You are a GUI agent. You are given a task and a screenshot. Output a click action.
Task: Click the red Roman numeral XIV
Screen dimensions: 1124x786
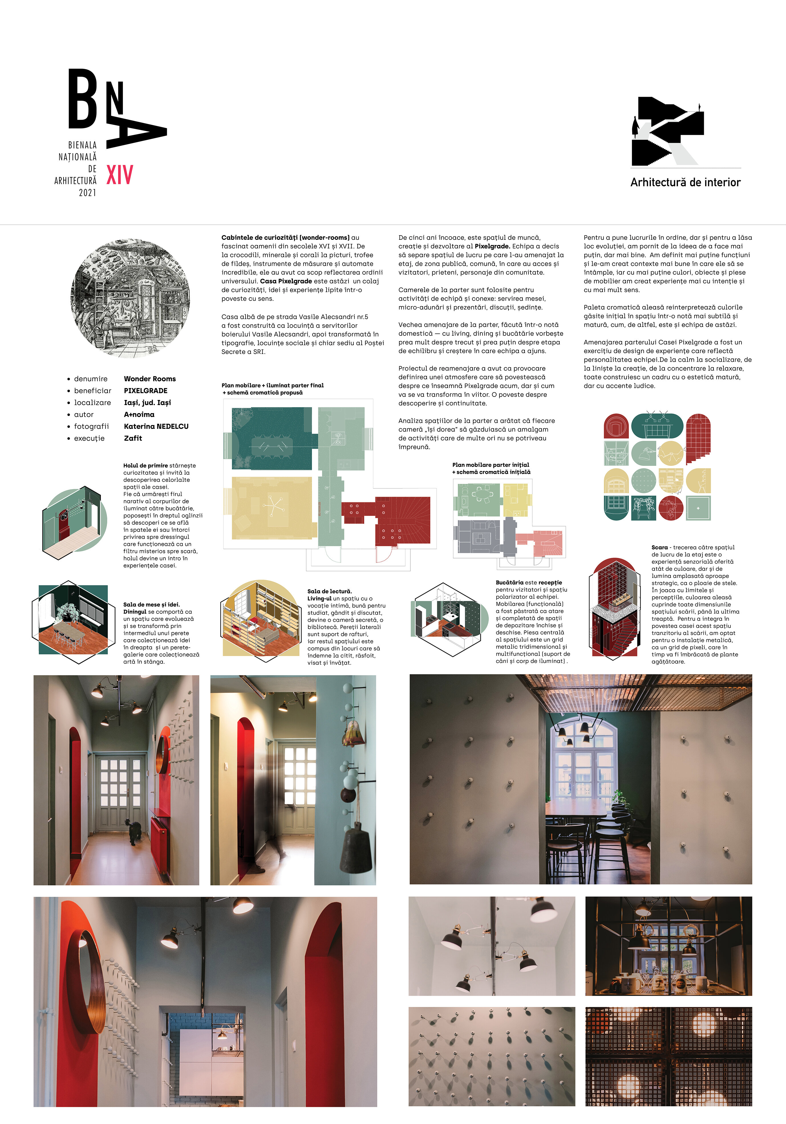[x=120, y=175]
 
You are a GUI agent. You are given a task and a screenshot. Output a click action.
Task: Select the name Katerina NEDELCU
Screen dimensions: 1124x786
[x=156, y=427]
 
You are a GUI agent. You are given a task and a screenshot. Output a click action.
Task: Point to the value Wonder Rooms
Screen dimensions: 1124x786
[x=150, y=379]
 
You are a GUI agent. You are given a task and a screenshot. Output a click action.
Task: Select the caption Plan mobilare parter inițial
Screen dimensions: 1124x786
[x=491, y=465]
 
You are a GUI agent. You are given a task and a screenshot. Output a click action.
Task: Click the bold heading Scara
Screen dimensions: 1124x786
[x=659, y=547]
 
